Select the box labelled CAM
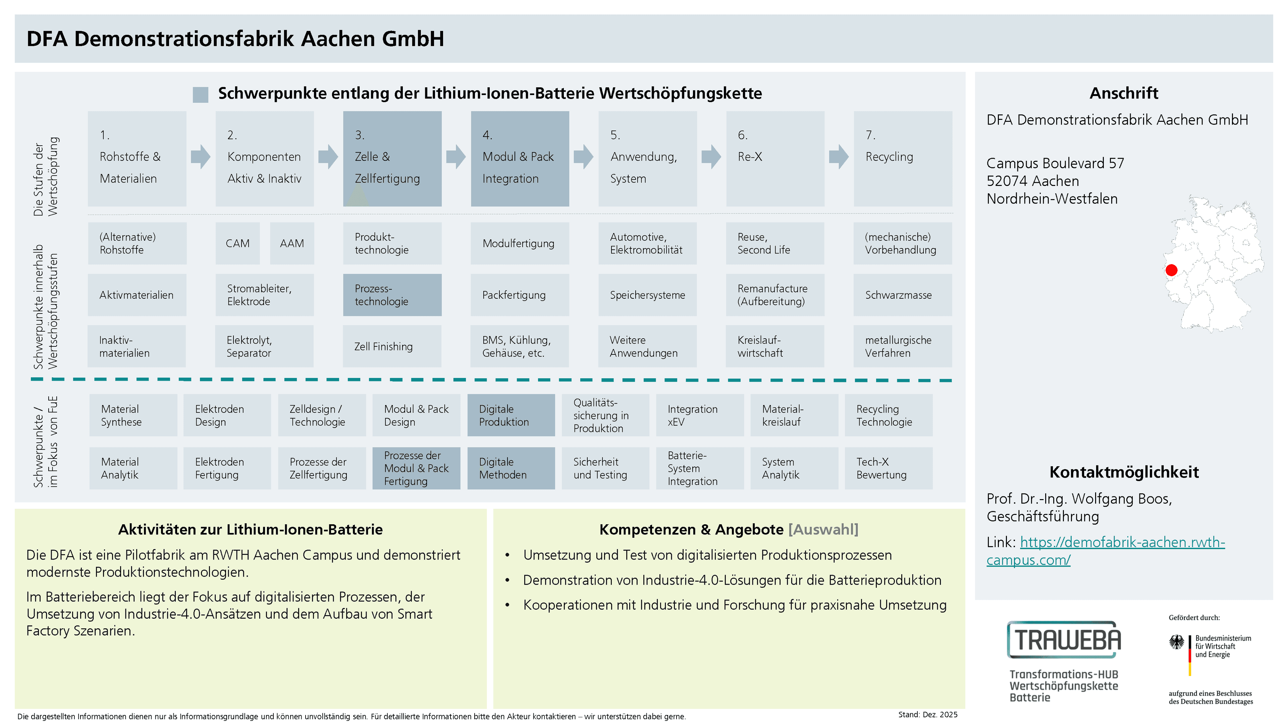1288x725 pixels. [x=237, y=243]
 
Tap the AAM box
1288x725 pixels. [x=292, y=243]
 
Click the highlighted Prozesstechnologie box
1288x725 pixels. [x=392, y=295]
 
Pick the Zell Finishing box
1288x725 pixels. [x=392, y=346]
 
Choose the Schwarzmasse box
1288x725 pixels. [x=903, y=295]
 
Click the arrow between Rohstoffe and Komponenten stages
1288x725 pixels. [x=201, y=157]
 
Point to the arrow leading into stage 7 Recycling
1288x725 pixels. [x=839, y=157]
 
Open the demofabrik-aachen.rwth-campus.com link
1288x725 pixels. [x=1106, y=551]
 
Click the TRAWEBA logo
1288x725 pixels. [x=1064, y=639]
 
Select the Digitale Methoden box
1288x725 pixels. [x=511, y=468]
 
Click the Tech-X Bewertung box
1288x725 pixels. [x=889, y=468]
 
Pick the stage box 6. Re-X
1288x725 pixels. [x=775, y=159]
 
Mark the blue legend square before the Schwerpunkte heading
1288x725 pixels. [x=201, y=95]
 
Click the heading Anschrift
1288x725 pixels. [x=1124, y=93]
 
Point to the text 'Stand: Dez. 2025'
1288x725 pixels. [x=927, y=715]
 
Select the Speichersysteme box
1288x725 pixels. [x=647, y=295]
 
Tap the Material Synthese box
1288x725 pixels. [x=133, y=415]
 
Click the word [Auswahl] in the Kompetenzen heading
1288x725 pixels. [x=823, y=529]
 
